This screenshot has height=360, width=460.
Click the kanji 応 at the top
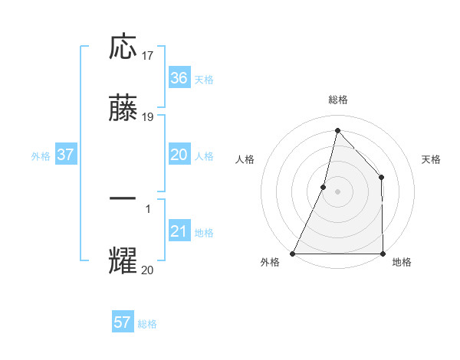(123, 47)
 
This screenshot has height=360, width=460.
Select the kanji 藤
(123, 109)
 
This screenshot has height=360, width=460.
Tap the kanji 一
(123, 198)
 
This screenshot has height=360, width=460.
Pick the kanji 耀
(123, 260)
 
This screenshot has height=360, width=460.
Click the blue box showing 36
(179, 78)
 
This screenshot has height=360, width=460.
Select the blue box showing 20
(179, 155)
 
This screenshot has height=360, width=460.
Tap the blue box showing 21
(179, 231)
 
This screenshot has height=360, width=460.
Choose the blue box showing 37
(66, 155)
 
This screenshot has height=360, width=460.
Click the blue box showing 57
(123, 322)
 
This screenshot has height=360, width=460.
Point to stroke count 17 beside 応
(148, 55)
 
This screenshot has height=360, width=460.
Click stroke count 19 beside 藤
(148, 117)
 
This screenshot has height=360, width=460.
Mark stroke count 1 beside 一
(148, 208)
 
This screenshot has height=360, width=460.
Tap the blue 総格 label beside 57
(147, 324)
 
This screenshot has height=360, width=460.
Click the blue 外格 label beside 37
(41, 155)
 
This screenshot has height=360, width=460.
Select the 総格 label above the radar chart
(337, 100)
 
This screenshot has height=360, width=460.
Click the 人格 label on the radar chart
(245, 159)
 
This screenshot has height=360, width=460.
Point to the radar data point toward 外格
(293, 253)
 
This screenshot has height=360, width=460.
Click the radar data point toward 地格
(383, 253)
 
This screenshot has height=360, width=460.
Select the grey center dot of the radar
(337, 191)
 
